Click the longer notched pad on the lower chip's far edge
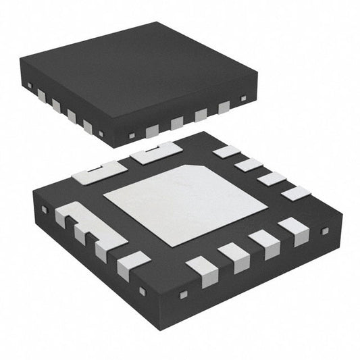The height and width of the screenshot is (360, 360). pyautogui.click(x=101, y=172)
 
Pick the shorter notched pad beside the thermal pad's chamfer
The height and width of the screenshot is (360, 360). pyautogui.click(x=156, y=155)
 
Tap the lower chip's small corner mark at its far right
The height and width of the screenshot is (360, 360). pyautogui.click(x=324, y=232)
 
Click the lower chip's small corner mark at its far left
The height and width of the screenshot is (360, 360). pyautogui.click(x=45, y=209)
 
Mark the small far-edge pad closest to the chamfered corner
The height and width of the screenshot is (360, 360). pyautogui.click(x=226, y=151)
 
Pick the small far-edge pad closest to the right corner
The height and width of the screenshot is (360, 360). pyautogui.click(x=296, y=193)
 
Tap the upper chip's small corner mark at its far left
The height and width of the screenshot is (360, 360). pyautogui.click(x=30, y=84)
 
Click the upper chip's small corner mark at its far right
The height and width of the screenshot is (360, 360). pyautogui.click(x=244, y=99)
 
